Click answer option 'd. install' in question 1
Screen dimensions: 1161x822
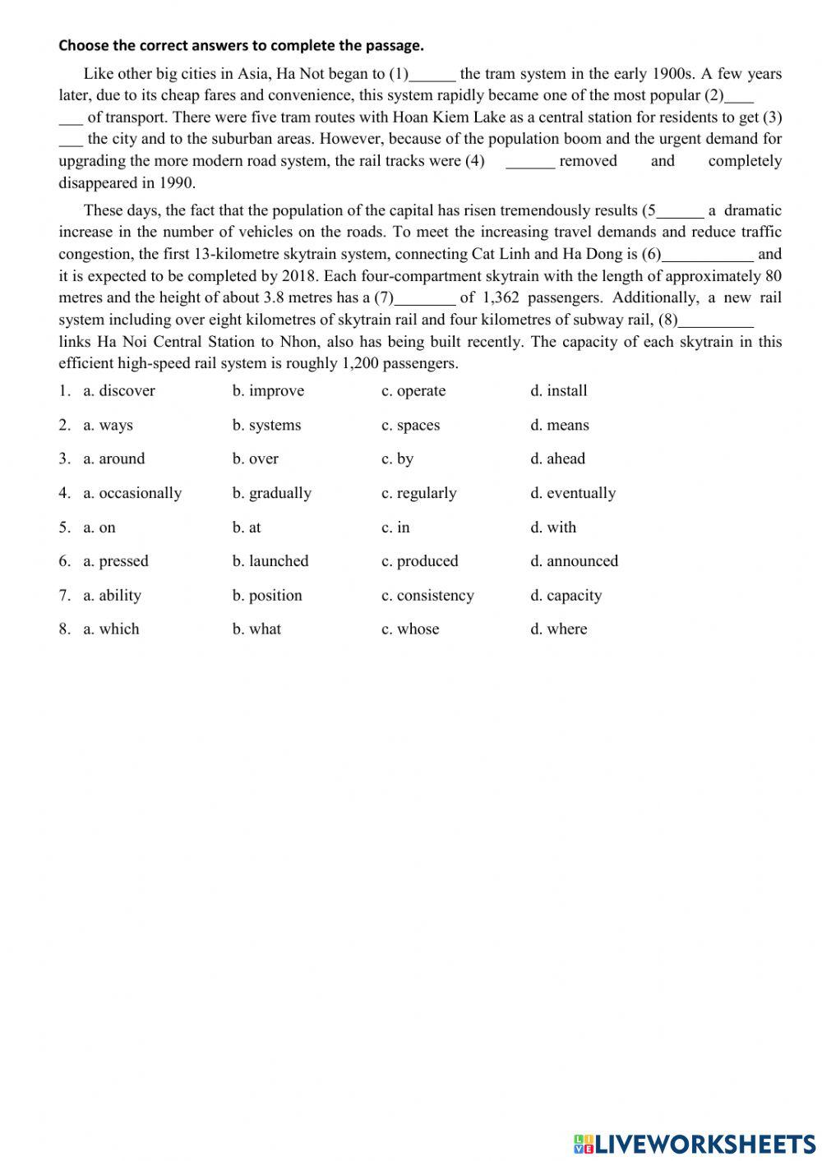pos(558,391)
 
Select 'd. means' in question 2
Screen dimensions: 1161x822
pos(559,426)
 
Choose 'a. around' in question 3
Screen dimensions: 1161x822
pos(113,459)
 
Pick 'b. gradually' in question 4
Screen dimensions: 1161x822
pos(271,493)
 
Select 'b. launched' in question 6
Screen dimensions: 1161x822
pos(270,561)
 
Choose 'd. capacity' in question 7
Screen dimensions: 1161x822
pos(566,596)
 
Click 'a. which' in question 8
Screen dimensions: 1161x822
pos(111,629)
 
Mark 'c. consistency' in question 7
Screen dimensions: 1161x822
pos(427,596)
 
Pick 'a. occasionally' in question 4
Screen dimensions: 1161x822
pos(132,493)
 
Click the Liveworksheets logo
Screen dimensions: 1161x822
pos(695,1143)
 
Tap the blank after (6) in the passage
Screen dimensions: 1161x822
pos(707,256)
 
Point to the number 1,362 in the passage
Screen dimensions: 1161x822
pos(498,298)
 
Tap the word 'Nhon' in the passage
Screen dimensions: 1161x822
pos(298,342)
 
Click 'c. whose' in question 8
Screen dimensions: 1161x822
pos(410,629)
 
